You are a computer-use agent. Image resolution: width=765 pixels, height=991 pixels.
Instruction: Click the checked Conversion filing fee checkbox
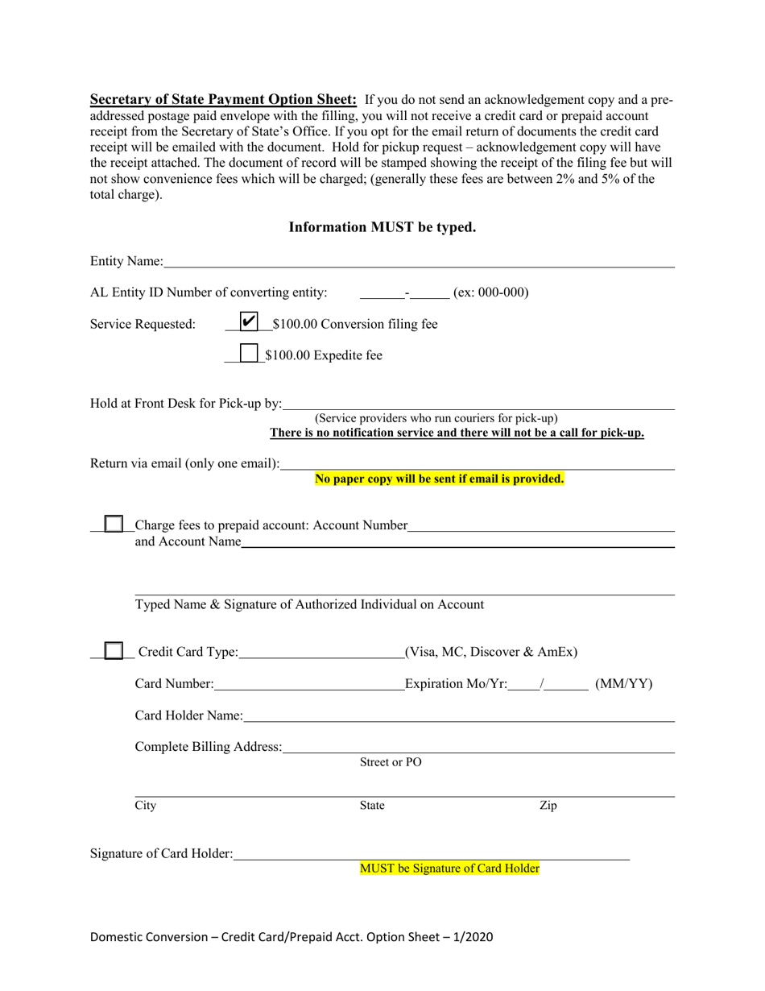[x=250, y=321]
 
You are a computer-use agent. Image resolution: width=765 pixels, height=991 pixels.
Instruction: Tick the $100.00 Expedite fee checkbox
[x=250, y=354]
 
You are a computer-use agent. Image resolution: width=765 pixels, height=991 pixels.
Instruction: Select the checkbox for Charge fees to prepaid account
[x=114, y=525]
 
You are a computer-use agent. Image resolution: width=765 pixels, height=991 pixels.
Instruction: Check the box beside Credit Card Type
[x=114, y=650]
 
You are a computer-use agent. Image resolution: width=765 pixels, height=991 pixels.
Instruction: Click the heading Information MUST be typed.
[x=382, y=227]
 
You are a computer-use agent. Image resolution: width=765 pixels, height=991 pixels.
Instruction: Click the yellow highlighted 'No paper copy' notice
[x=439, y=479]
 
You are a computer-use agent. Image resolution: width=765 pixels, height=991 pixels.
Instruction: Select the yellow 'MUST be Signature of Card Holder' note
[x=449, y=869]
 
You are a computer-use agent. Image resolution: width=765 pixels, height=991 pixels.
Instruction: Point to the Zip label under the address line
[x=548, y=805]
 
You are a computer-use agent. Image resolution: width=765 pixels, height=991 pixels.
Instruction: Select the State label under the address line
[x=371, y=805]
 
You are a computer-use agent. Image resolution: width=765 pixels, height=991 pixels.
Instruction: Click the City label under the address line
[x=145, y=805]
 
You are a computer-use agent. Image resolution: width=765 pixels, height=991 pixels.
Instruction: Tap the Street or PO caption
[x=390, y=762]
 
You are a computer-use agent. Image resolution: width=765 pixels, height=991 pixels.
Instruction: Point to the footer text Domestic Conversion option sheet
[x=292, y=937]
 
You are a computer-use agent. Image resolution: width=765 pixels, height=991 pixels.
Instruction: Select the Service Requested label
[x=143, y=324]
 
